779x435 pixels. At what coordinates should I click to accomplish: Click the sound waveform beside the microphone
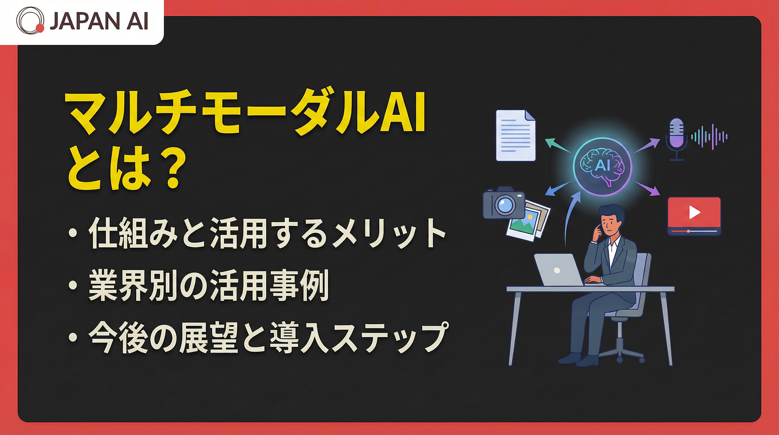(709, 137)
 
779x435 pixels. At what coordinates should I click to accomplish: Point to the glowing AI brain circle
(602, 165)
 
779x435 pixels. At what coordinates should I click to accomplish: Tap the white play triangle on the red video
(694, 212)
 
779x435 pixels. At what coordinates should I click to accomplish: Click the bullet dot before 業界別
(73, 286)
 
